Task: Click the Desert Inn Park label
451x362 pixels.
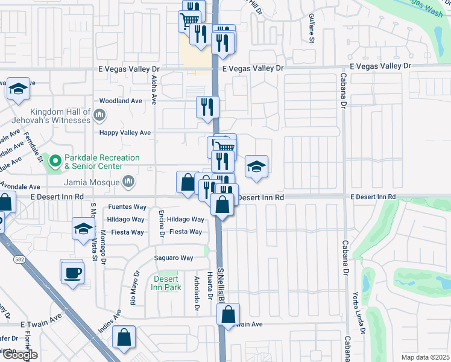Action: click(167, 283)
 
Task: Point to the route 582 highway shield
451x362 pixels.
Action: click(18, 258)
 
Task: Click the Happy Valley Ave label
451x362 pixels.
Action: click(125, 133)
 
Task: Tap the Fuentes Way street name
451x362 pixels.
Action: click(127, 207)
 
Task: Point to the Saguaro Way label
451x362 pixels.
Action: click(174, 258)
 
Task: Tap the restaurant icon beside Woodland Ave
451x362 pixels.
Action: click(207, 107)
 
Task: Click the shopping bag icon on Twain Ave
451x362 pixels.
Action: click(228, 314)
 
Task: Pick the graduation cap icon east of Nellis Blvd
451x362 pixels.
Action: click(256, 167)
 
